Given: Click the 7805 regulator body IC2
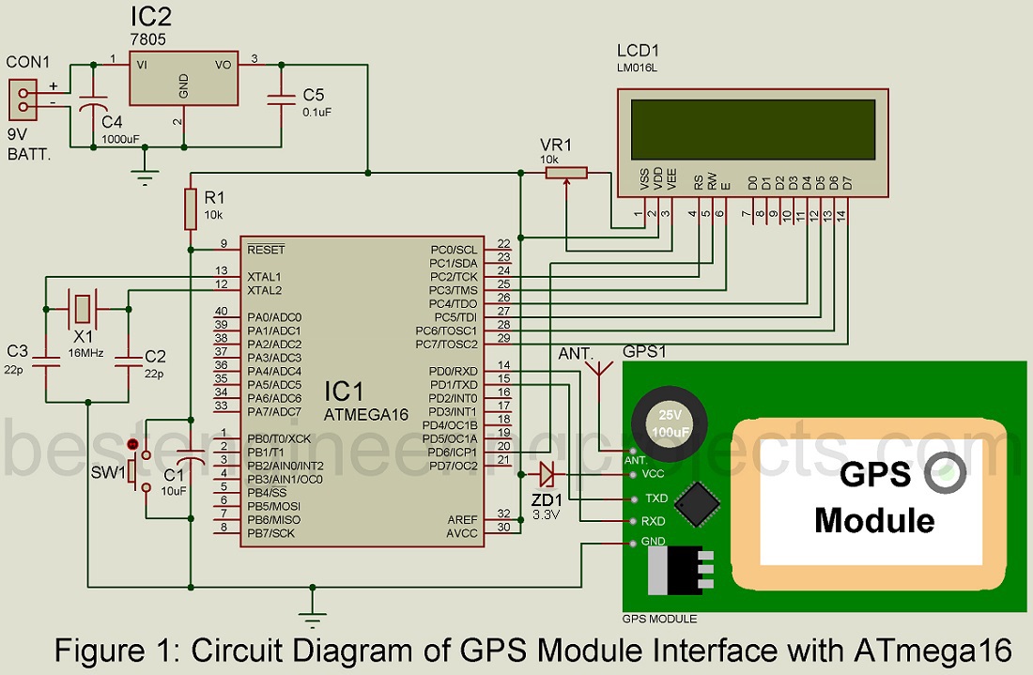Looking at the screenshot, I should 183,84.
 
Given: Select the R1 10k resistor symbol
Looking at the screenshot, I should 191,207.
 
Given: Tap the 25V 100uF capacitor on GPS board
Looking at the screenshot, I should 670,421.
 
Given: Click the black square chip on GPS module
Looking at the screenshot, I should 699,504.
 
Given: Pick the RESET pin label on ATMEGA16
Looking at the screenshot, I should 266,250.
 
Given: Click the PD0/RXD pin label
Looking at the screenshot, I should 453,371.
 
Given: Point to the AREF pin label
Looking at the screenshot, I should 461,519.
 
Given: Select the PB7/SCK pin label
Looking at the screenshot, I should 272,533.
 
